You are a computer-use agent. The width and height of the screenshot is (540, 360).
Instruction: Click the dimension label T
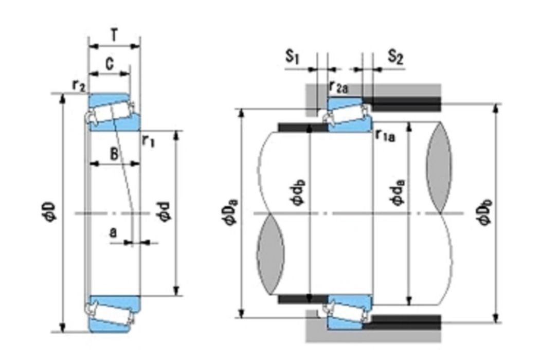pyautogui.click(x=114, y=35)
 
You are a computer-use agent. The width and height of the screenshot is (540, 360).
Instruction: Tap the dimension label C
pyautogui.click(x=110, y=64)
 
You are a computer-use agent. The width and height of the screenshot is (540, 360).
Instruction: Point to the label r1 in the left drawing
pyautogui.click(x=149, y=141)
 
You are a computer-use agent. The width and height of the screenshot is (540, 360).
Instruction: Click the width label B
pyautogui.click(x=114, y=154)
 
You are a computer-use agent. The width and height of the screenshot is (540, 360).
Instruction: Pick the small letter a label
pyautogui.click(x=113, y=233)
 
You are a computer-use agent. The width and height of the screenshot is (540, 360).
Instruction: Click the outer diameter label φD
pyautogui.click(x=49, y=212)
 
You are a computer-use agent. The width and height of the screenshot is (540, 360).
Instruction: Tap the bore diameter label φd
pyautogui.click(x=164, y=212)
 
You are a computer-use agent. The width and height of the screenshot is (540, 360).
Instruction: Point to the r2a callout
pyautogui.click(x=338, y=87)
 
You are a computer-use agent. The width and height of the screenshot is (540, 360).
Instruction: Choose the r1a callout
pyautogui.click(x=385, y=136)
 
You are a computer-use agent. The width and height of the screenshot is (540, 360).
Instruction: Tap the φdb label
pyautogui.click(x=299, y=193)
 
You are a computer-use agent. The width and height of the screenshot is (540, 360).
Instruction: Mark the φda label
pyautogui.click(x=398, y=193)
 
